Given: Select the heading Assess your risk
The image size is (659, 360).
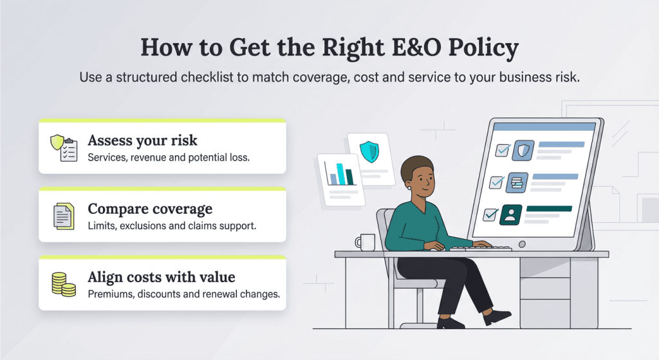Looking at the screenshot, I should (142, 140).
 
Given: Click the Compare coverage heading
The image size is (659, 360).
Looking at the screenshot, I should (150, 209).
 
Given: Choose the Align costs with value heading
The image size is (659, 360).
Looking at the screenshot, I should (162, 277).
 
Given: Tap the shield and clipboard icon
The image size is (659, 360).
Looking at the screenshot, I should (63, 147).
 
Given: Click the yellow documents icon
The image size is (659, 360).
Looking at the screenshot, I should (63, 216).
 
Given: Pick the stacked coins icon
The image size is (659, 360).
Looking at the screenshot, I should (63, 284).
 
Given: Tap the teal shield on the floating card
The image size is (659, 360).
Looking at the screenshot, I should (369, 152).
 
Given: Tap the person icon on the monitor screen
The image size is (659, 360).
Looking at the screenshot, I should (510, 213).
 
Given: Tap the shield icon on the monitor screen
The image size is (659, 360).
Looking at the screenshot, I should (522, 151).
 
